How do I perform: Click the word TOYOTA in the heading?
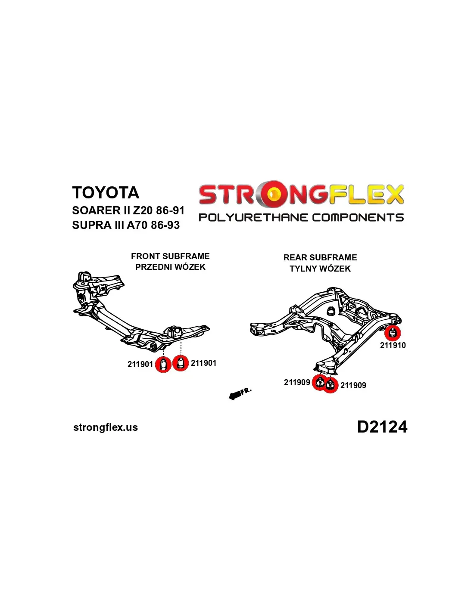coord(106,193)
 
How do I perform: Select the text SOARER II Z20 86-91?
coord(128,210)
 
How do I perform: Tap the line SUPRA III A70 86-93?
coord(126,225)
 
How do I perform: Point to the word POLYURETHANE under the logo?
coord(253,218)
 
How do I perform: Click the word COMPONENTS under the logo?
coord(358,218)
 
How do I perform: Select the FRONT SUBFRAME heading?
coord(170,256)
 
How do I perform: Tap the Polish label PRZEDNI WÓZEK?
coord(170,267)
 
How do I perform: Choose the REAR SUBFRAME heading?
coord(320,257)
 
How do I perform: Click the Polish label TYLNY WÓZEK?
coord(320,269)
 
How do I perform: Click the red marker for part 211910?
coord(393,333)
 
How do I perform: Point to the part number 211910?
coord(393,345)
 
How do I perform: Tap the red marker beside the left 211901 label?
coord(163,365)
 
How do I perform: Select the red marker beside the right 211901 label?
coord(181,363)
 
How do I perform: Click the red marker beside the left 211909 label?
coord(319,382)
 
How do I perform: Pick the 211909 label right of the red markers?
coord(353,385)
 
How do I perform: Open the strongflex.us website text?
coord(106,427)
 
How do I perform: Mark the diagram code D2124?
coord(382,427)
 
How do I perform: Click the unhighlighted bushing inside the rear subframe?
coord(331,310)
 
